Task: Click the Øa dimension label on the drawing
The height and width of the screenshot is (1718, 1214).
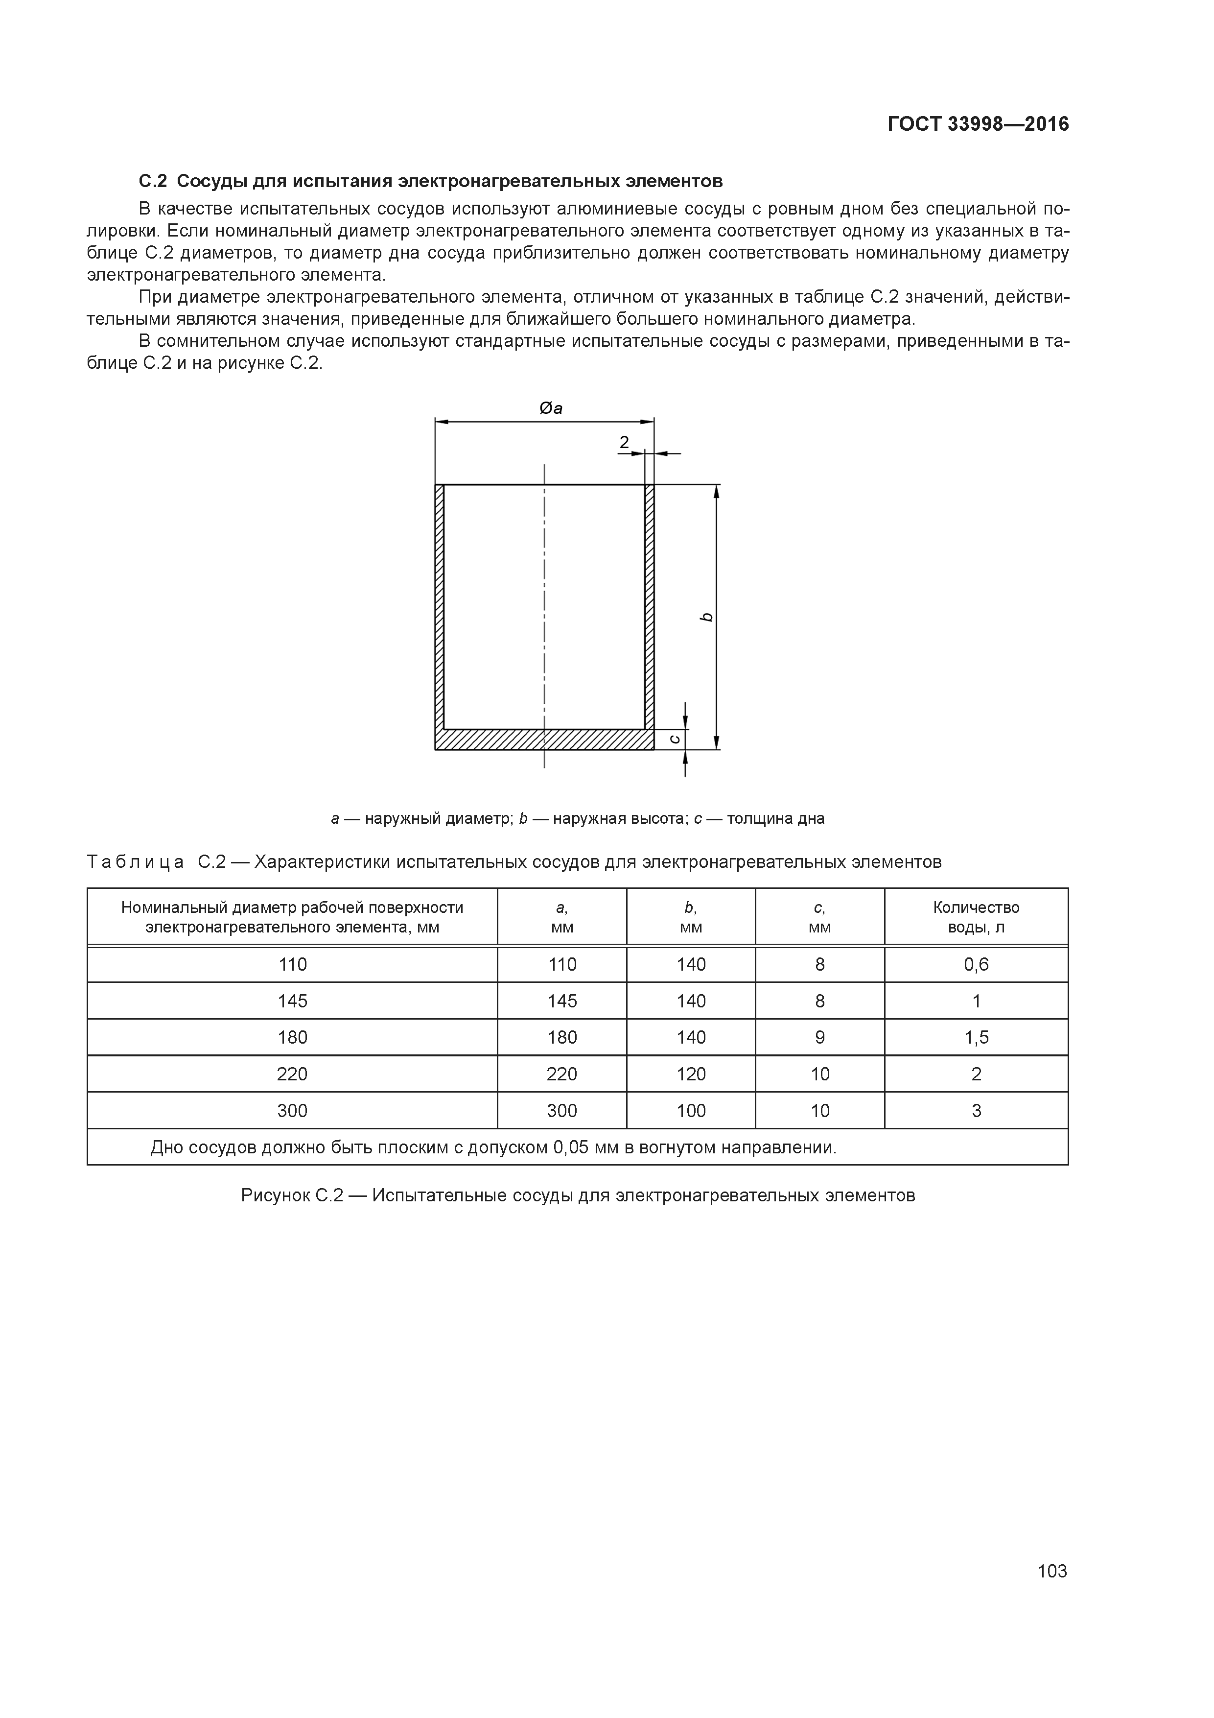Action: (x=551, y=408)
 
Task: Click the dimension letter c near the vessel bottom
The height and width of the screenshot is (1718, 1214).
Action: (x=675, y=739)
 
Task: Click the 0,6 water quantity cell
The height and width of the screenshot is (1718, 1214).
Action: (x=976, y=964)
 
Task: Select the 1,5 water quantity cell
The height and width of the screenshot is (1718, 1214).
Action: (x=976, y=1037)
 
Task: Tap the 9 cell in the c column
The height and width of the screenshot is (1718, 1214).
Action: (x=820, y=1037)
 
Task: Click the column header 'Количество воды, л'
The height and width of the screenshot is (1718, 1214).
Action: (x=976, y=917)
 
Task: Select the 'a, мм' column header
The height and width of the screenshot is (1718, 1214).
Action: (x=562, y=917)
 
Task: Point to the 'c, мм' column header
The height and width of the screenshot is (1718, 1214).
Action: (x=820, y=917)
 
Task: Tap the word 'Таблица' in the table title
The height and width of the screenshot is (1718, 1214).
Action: (x=136, y=862)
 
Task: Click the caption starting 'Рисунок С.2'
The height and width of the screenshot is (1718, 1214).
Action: (x=578, y=1195)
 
